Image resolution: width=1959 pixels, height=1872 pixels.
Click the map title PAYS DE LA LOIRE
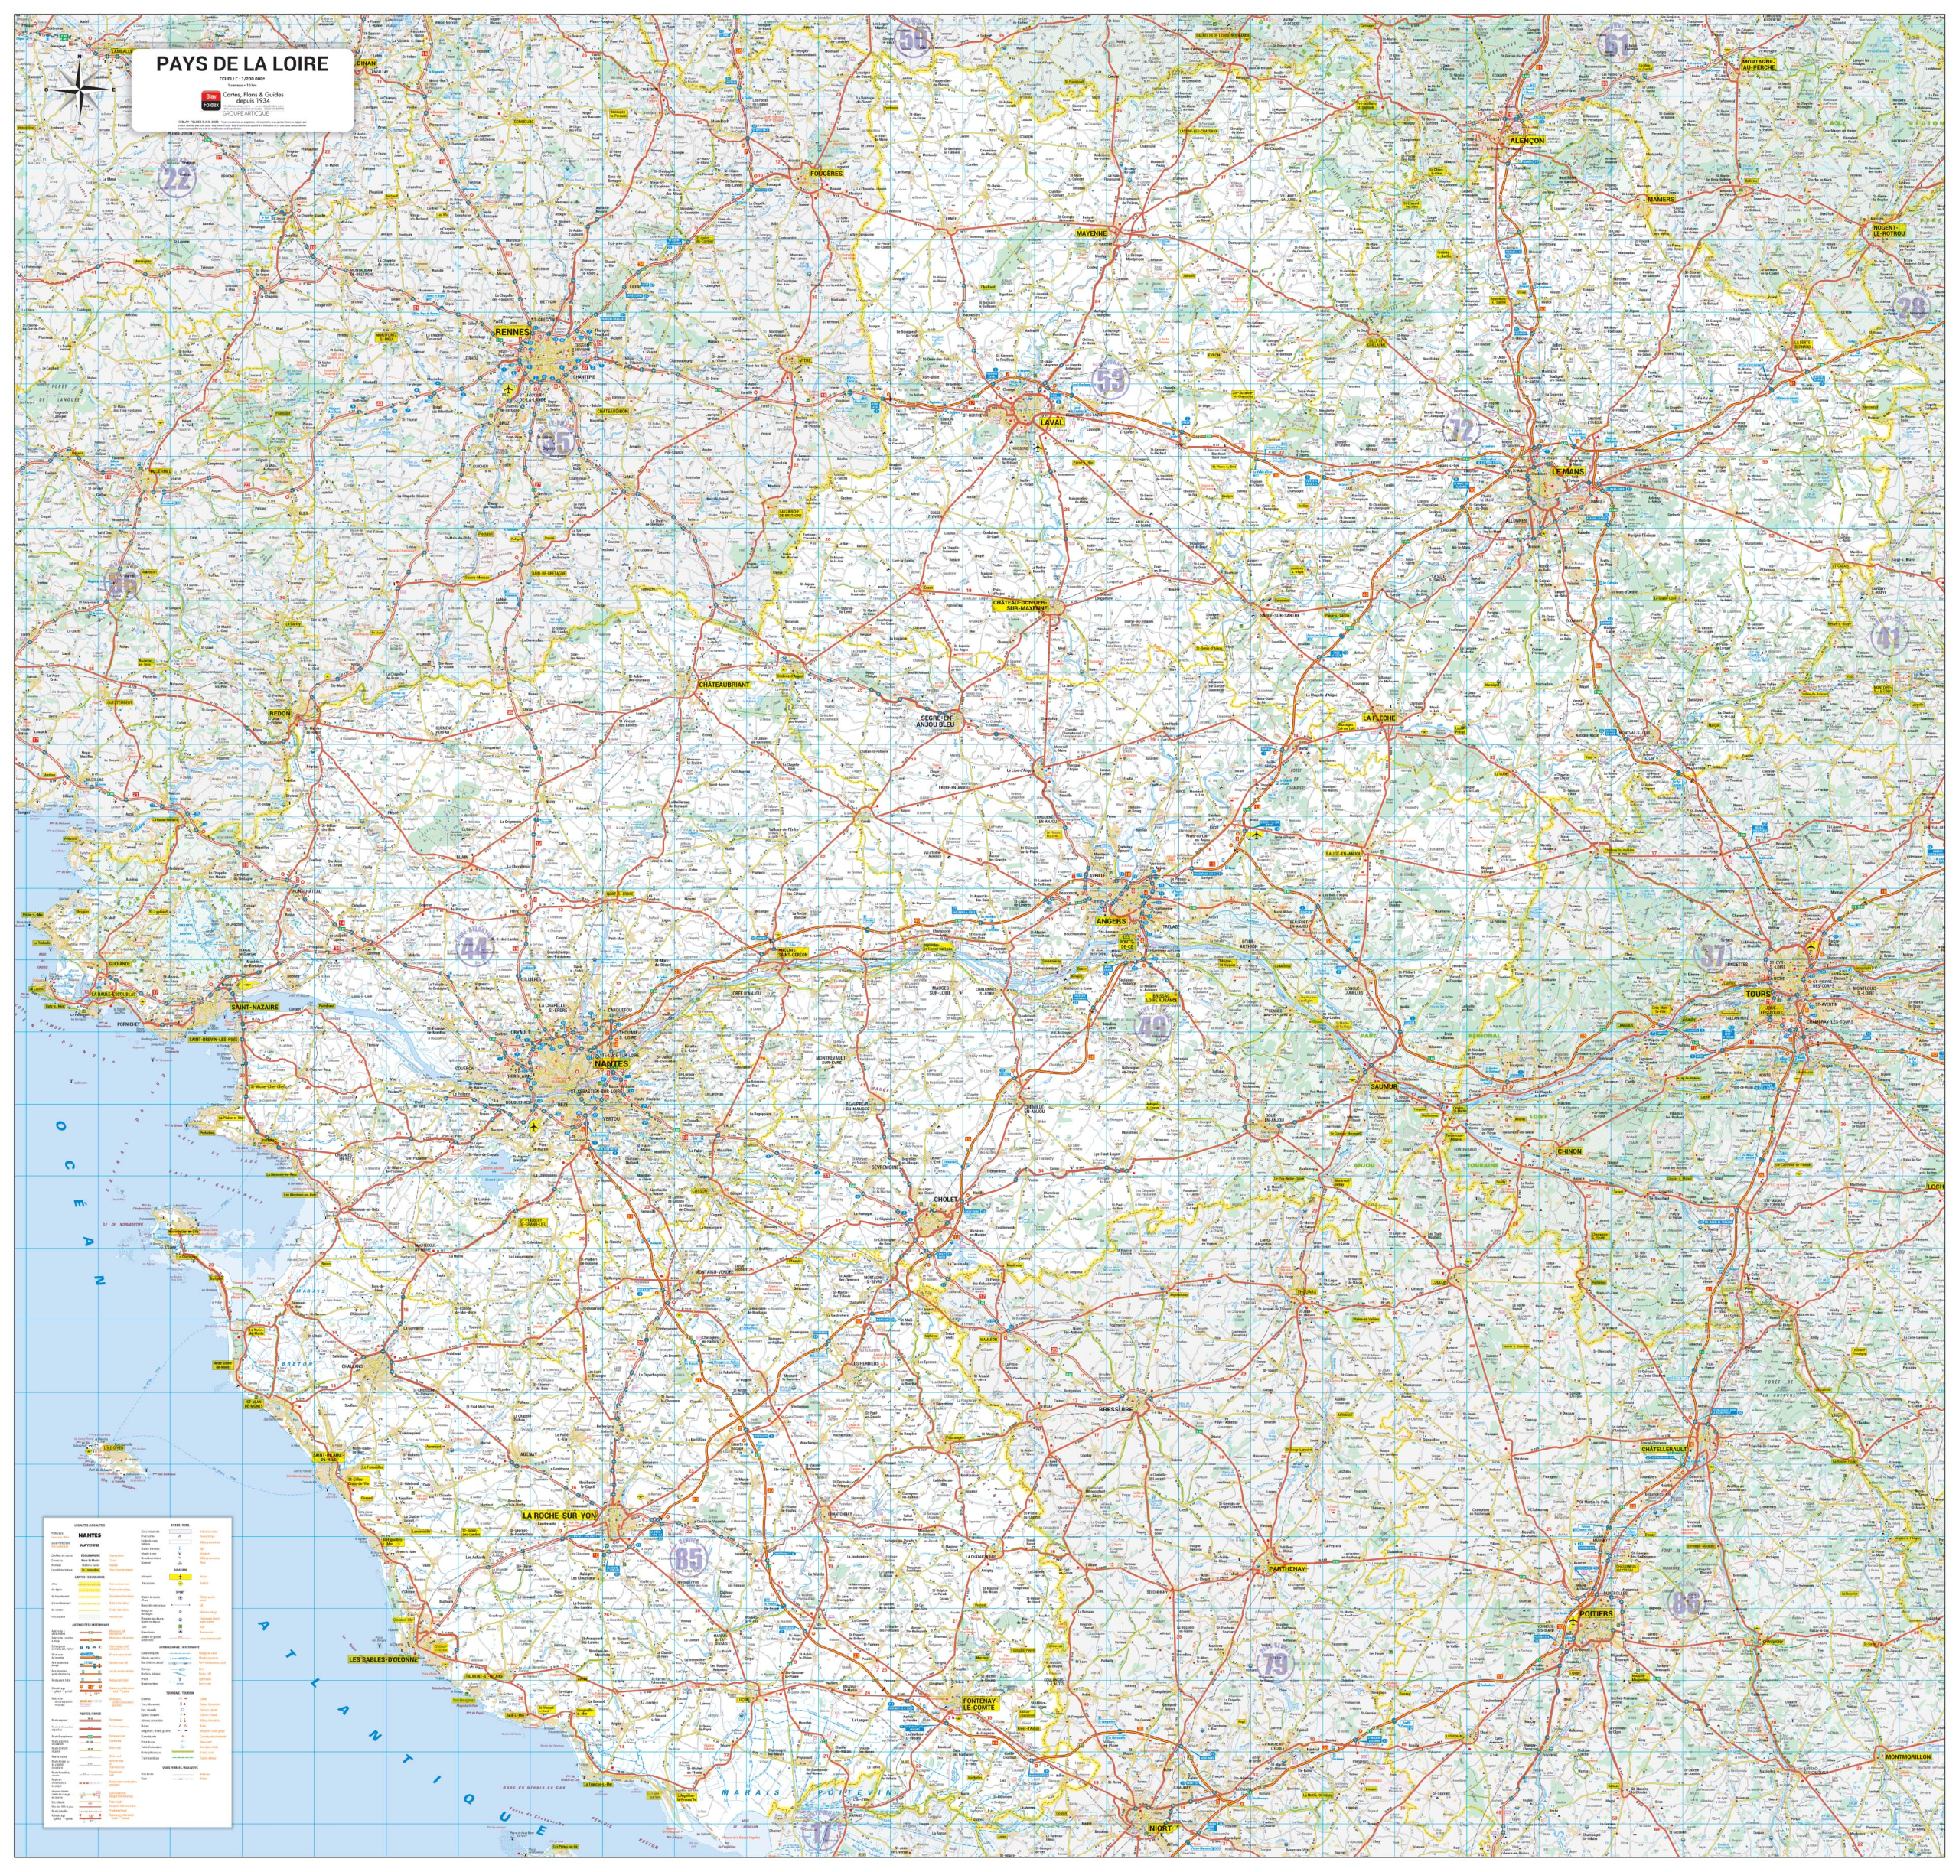pyautogui.click(x=242, y=63)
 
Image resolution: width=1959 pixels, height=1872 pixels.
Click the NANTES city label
pyautogui.click(x=611, y=1063)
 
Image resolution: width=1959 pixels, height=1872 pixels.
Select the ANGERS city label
pyautogui.click(x=1110, y=921)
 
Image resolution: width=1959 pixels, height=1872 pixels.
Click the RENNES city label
pyautogui.click(x=512, y=331)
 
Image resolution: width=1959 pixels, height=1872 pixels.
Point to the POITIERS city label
pyautogui.click(x=1596, y=1613)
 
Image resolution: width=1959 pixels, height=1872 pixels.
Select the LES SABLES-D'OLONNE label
pyautogui.click(x=383, y=1659)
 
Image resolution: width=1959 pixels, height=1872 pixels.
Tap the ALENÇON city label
pyautogui.click(x=1526, y=141)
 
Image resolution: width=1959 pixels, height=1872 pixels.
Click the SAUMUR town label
pyautogui.click(x=1384, y=1086)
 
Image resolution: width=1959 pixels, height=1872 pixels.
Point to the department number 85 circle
pyautogui.click(x=689, y=1558)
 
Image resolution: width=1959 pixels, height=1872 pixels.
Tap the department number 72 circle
pyautogui.click(x=1461, y=430)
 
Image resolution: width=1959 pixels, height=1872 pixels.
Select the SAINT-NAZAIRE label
pyautogui.click(x=255, y=1007)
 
